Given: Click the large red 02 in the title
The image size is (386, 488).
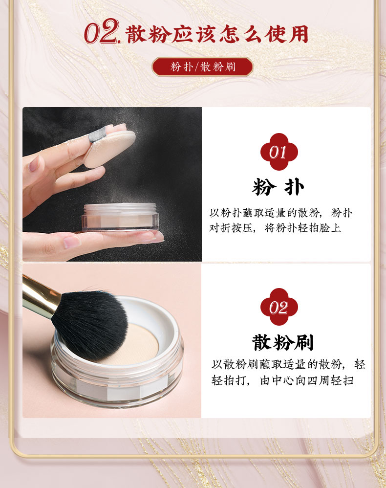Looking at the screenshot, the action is click(x=102, y=31).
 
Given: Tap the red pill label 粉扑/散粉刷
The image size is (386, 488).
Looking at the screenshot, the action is click(x=202, y=67).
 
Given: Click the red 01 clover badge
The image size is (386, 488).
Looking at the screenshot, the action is click(x=279, y=152).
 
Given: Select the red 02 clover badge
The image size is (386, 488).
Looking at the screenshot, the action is click(x=279, y=307).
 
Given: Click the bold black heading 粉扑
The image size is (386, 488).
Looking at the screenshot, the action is click(x=278, y=187).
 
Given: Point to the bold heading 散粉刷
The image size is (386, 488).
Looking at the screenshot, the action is click(x=283, y=342).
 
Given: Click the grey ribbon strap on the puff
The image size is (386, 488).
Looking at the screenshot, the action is click(x=97, y=134).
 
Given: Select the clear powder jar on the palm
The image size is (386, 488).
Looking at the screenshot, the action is click(x=120, y=217).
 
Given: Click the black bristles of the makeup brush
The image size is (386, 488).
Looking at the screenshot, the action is click(x=90, y=324).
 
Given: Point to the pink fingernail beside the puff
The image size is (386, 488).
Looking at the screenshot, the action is click(x=34, y=164).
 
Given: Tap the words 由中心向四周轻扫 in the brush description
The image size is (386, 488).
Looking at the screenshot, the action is click(x=307, y=380).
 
